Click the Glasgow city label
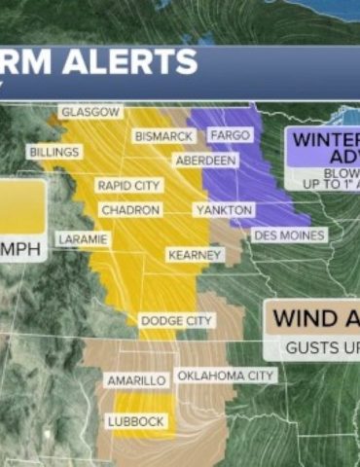[x=90, y=112]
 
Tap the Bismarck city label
[x=164, y=136]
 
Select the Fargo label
[x=230, y=135]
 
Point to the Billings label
[x=54, y=153]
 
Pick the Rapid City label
[x=128, y=185]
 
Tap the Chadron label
[x=128, y=210]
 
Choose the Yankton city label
[x=224, y=210]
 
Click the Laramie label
[x=83, y=238]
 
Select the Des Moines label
[x=289, y=234]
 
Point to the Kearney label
[x=195, y=254]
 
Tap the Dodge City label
[x=176, y=320]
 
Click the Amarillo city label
[x=136, y=380]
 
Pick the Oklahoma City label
[x=226, y=376]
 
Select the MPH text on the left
[x=21, y=250]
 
